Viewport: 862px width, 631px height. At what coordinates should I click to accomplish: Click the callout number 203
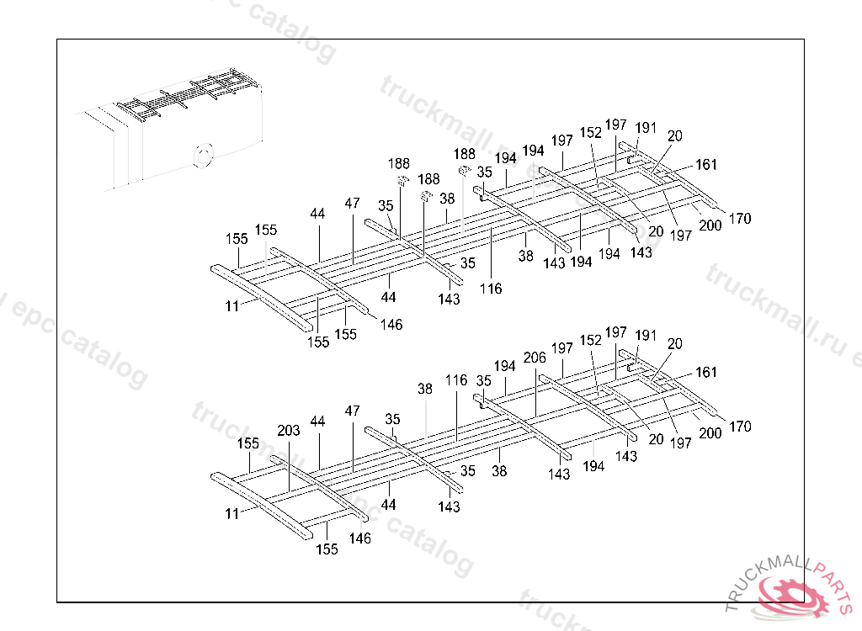click(289, 431)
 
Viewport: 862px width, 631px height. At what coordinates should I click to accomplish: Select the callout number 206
click(535, 358)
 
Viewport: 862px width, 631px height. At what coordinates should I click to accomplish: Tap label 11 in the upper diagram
click(232, 307)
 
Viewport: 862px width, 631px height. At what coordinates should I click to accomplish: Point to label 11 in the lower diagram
click(232, 512)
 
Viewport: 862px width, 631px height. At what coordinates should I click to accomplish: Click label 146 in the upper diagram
click(391, 324)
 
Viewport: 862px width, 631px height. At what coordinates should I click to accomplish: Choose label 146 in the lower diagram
click(360, 538)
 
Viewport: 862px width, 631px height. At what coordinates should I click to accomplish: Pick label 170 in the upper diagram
click(740, 219)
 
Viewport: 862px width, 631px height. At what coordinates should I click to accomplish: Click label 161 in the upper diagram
click(706, 166)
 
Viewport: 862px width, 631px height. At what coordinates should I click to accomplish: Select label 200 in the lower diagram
click(710, 433)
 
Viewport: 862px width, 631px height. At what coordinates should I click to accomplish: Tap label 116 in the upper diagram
click(491, 289)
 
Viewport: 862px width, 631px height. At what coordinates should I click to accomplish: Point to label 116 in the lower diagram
click(456, 380)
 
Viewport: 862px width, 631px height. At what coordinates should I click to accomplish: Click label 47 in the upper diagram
click(352, 204)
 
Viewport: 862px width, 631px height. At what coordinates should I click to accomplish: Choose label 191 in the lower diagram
click(646, 335)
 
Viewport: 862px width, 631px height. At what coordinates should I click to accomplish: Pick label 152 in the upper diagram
click(591, 133)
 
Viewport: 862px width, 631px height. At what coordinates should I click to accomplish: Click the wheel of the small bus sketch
click(202, 156)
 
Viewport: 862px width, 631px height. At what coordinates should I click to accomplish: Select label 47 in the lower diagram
click(352, 411)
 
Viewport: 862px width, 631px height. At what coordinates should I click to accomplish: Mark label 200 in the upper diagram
click(710, 225)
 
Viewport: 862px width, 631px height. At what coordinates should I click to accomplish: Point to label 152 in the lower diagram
click(591, 340)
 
